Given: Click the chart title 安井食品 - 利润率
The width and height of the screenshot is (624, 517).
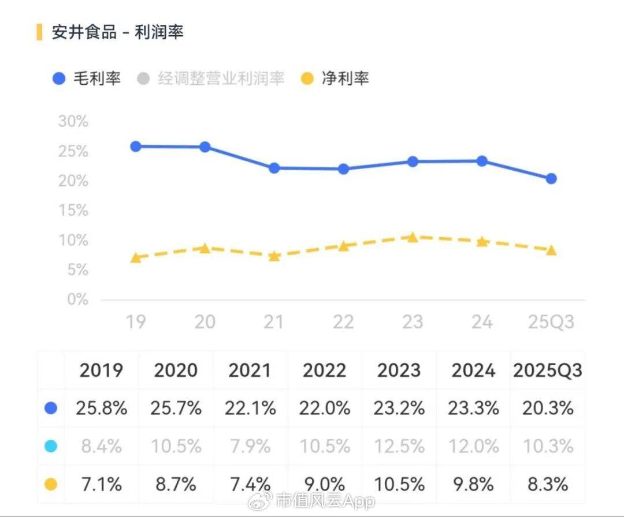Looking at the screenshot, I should pyautogui.click(x=118, y=32).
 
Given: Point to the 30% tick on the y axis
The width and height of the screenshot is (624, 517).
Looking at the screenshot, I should pyautogui.click(x=73, y=122).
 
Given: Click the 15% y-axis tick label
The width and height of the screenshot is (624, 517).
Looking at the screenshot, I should pyautogui.click(x=73, y=211).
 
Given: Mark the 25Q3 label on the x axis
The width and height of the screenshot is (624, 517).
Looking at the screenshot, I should pyautogui.click(x=551, y=321).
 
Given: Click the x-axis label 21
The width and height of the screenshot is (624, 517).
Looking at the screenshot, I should pyautogui.click(x=274, y=321).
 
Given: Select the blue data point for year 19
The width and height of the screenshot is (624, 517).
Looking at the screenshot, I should pyautogui.click(x=136, y=147).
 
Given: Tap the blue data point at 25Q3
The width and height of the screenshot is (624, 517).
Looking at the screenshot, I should pyautogui.click(x=551, y=179).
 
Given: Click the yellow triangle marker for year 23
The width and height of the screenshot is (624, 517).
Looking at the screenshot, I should pyautogui.click(x=413, y=237).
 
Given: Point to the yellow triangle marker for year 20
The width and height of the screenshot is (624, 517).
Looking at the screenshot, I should pyautogui.click(x=205, y=248).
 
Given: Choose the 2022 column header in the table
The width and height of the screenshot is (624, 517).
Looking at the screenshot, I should pyautogui.click(x=324, y=370).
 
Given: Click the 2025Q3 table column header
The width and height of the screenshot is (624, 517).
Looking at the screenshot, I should pyautogui.click(x=547, y=370).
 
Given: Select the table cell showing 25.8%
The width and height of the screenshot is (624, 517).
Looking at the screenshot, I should pyautogui.click(x=101, y=409).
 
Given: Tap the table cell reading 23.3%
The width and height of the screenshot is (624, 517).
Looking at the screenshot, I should pyautogui.click(x=473, y=409).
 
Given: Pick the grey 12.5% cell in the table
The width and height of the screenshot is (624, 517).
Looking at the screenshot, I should pyautogui.click(x=399, y=446).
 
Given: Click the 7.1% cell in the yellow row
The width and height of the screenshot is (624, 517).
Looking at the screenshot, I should pyautogui.click(x=101, y=484).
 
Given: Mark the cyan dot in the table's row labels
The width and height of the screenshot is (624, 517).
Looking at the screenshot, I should pyautogui.click(x=51, y=446).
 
